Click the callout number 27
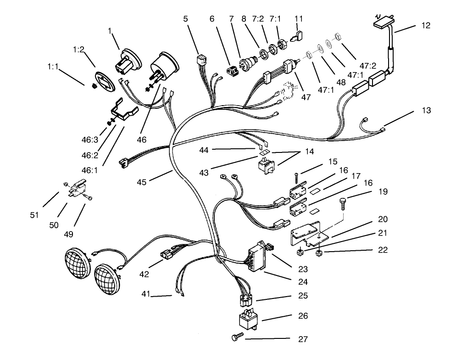tap(302, 339)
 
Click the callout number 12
tap(426, 26)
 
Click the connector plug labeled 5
tap(200, 61)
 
